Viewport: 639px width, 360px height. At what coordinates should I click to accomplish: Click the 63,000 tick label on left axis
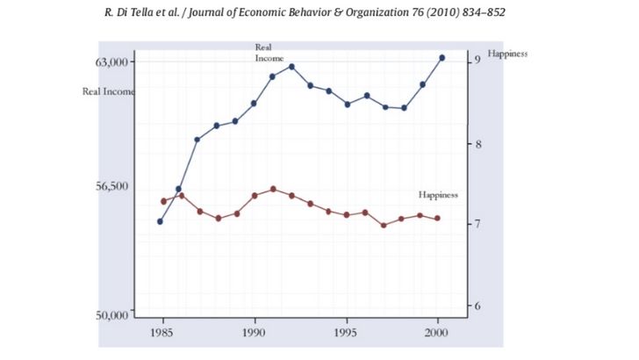click(x=111, y=62)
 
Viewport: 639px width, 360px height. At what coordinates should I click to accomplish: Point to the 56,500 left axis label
click(x=111, y=187)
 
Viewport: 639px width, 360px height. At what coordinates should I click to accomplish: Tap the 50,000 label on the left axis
click(x=111, y=314)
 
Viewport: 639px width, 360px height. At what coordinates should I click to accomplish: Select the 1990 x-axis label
click(x=255, y=335)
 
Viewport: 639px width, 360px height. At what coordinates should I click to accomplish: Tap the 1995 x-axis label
click(x=347, y=335)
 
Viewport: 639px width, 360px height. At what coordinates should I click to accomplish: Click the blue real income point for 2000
click(x=442, y=58)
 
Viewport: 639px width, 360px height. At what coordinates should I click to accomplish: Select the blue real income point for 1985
click(x=160, y=221)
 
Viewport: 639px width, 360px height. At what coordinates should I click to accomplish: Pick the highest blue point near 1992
click(x=291, y=67)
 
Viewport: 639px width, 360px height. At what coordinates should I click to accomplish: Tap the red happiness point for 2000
click(x=438, y=219)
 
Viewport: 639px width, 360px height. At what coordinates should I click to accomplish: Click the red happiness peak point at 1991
click(x=273, y=189)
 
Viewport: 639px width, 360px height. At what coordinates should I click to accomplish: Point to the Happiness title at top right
click(x=507, y=54)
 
